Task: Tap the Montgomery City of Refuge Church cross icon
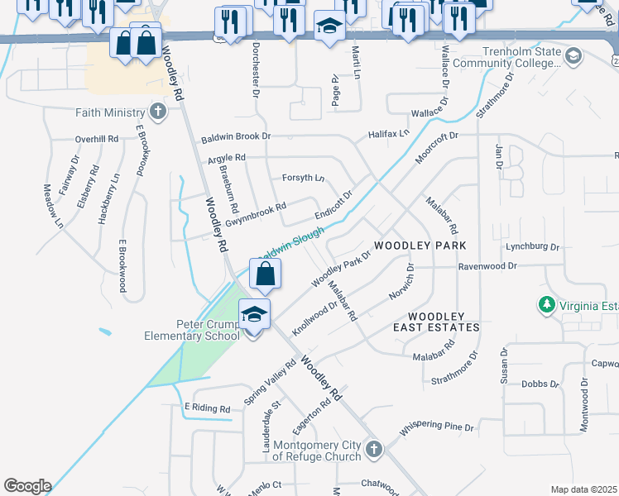click(374, 449)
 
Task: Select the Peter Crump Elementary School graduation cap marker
click(255, 315)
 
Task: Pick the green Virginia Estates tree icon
click(545, 306)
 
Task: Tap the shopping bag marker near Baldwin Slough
click(265, 274)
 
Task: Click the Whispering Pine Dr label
click(436, 428)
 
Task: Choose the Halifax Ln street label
click(389, 133)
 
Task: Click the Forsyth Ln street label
click(303, 177)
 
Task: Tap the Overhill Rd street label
click(96, 139)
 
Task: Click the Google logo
click(26, 486)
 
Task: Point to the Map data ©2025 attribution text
click(583, 489)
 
